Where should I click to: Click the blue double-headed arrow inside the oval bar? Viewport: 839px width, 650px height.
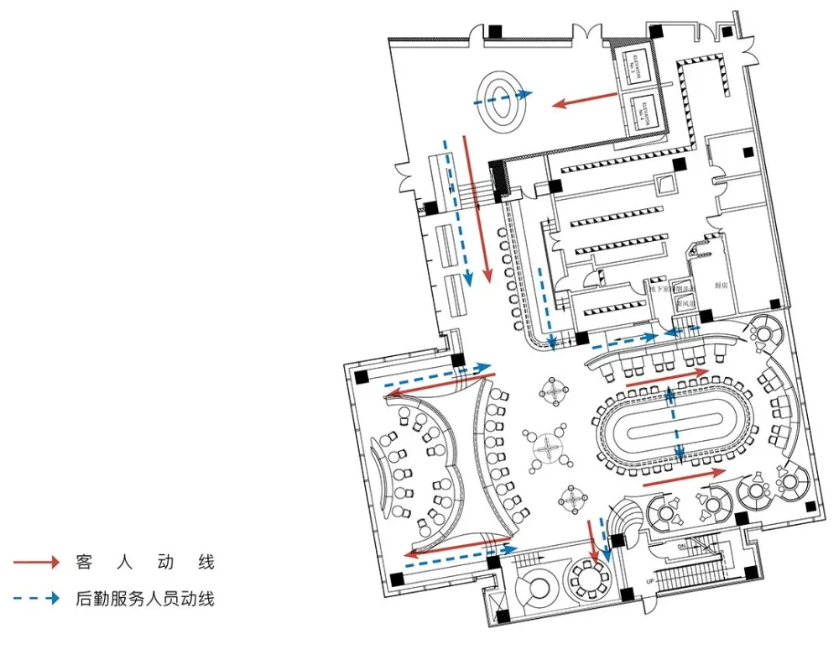coord(672,424)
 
